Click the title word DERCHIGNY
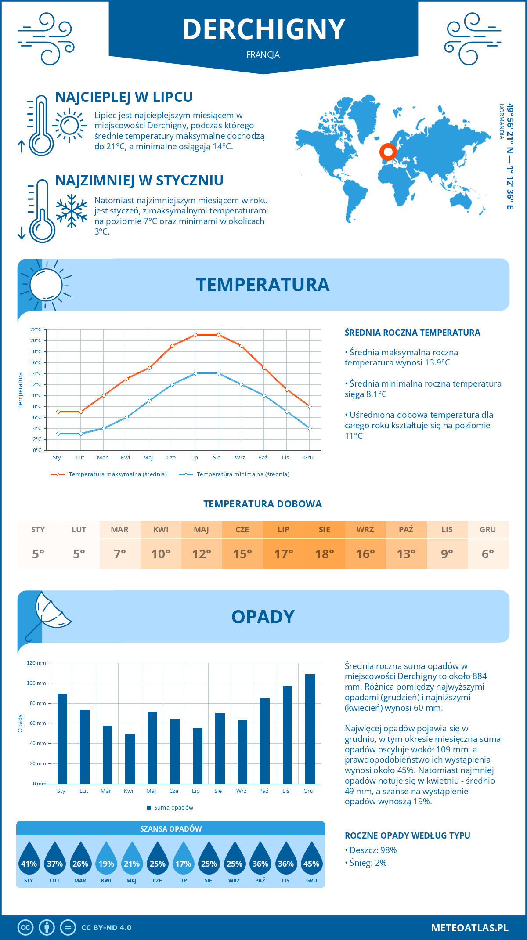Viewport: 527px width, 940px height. click(263, 29)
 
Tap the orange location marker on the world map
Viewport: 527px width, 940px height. click(388, 152)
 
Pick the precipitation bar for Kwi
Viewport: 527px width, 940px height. click(130, 759)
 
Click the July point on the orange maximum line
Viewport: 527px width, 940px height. click(195, 335)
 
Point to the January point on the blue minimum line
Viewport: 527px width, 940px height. click(58, 434)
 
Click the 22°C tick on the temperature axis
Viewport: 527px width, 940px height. click(36, 329)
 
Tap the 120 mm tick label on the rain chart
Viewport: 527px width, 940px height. click(36, 663)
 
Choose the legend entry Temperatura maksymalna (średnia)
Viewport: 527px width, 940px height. click(118, 474)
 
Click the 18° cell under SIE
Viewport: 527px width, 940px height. click(324, 554)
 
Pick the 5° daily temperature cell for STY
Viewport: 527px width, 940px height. click(38, 554)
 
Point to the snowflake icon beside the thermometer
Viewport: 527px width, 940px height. click(72, 211)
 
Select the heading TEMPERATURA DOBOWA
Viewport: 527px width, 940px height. click(263, 504)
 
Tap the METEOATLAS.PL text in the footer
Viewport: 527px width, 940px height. click(470, 928)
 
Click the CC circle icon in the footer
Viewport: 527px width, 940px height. click(25, 928)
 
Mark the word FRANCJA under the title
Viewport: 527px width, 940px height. click(263, 55)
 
